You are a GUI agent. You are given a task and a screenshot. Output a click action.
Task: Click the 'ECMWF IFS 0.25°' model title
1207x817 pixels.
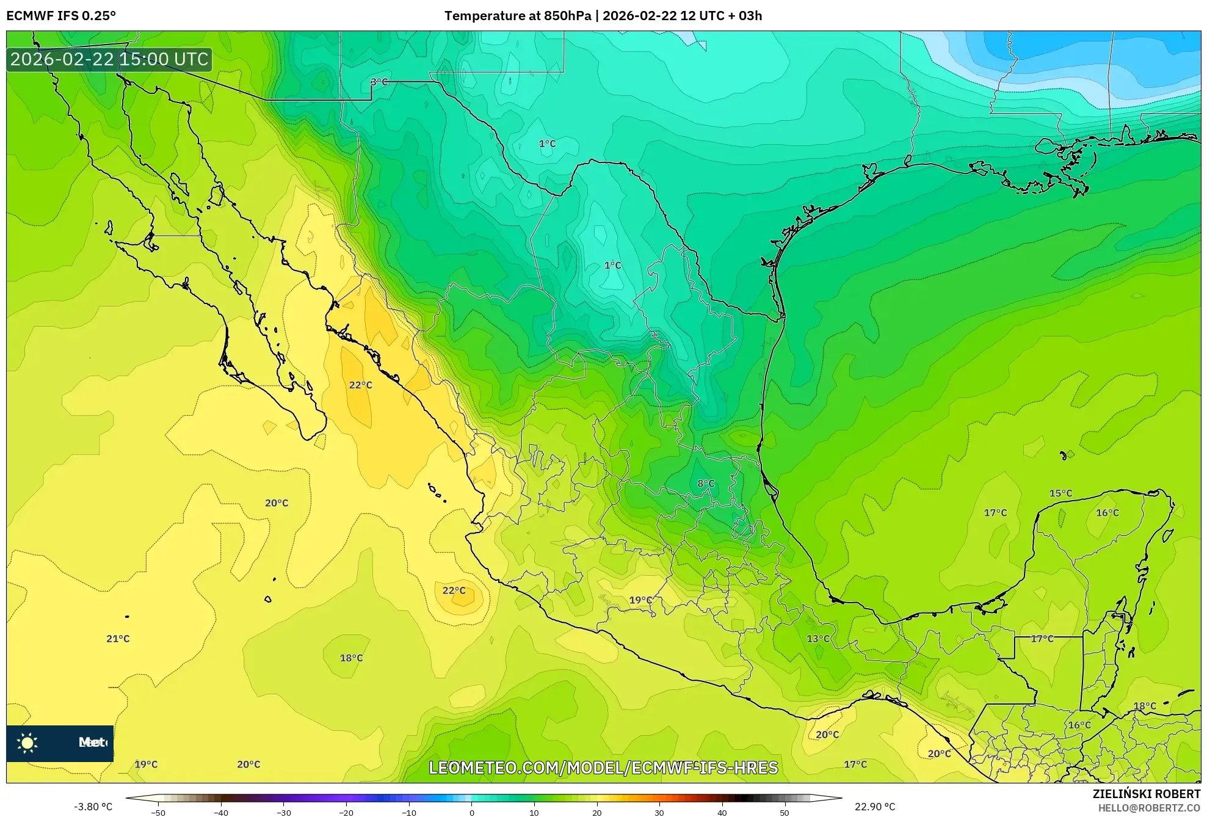coord(61,16)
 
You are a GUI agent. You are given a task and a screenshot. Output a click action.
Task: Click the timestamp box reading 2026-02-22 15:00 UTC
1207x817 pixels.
coord(109,59)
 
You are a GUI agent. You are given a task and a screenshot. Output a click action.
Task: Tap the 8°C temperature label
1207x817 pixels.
coord(706,484)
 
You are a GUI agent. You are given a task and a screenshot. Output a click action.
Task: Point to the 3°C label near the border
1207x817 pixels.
coord(379,82)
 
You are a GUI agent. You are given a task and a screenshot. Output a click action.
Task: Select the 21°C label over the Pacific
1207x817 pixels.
coord(118,639)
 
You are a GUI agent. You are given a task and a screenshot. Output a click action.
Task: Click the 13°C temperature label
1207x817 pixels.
coord(818,639)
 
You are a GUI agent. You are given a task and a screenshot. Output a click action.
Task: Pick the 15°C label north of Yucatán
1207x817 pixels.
coord(1060,493)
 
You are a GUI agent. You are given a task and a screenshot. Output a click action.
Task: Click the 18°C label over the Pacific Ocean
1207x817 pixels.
coord(351,658)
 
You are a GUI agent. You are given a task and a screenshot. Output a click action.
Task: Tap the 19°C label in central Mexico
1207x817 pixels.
coord(640,600)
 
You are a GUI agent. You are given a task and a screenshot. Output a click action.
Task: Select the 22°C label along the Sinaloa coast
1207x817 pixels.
coord(360,385)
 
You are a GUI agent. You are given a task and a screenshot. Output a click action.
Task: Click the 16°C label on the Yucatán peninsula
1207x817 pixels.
coord(1107,513)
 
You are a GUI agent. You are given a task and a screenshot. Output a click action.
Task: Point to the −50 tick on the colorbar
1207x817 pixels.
coord(158,813)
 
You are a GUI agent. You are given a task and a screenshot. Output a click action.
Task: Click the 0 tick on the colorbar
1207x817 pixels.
coord(471,813)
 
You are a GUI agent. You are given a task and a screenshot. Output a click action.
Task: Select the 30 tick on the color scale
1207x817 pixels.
coord(659,813)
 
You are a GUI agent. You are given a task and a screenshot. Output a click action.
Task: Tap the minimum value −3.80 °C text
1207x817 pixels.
coord(93,807)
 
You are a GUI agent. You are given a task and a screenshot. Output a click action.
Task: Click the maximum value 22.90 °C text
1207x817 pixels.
coord(875,807)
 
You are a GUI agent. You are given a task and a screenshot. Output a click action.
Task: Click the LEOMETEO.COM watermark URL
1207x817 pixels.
coord(603,768)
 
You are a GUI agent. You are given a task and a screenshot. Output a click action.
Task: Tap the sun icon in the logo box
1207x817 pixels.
coord(27,743)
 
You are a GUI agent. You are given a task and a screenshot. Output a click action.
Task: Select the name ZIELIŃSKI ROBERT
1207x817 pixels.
coord(1146,794)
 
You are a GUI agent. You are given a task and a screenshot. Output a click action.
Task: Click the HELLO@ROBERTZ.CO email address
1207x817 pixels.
coord(1149,808)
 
